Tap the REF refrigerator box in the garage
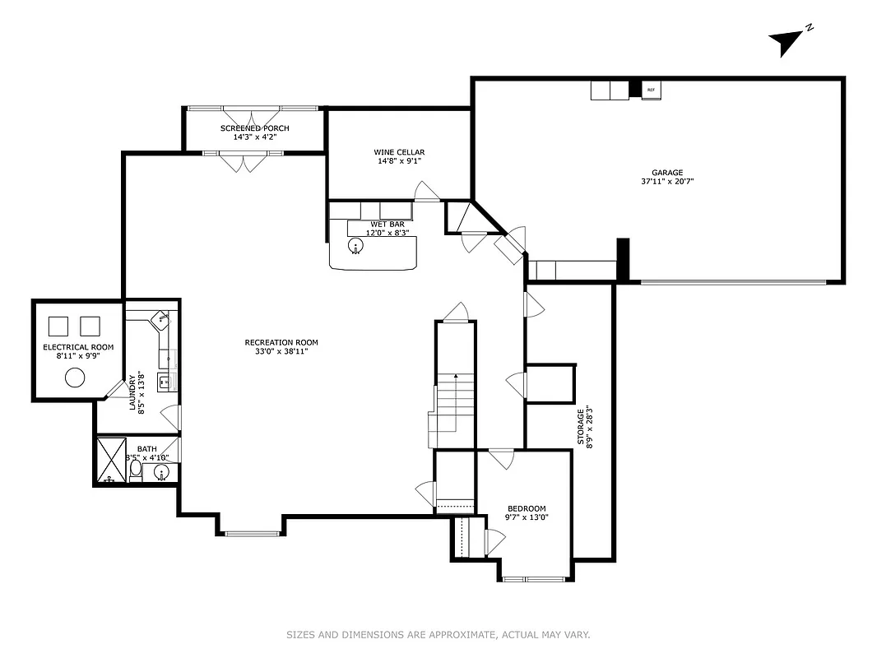click(651, 90)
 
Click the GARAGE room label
click(667, 173)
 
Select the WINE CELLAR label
click(399, 152)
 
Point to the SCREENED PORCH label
click(254, 128)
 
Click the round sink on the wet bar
click(356, 248)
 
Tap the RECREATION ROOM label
click(281, 342)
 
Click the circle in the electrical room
click(75, 378)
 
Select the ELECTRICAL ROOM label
click(78, 347)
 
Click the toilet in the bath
click(136, 469)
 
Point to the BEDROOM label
click(527, 508)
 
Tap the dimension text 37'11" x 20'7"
click(667, 182)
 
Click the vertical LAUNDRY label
click(132, 393)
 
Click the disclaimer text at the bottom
click(438, 634)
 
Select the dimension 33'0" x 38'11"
click(281, 351)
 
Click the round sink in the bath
click(162, 471)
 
